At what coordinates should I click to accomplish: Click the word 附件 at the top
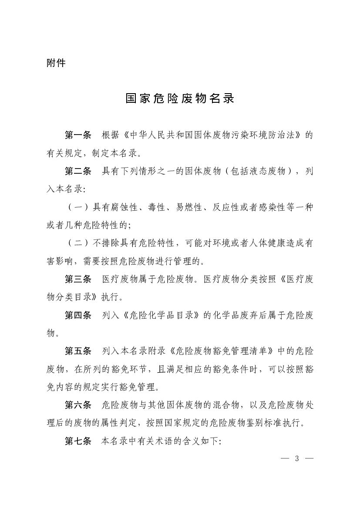[x=56, y=63]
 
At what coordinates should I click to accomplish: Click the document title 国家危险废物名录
[x=180, y=98]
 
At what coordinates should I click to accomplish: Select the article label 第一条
[x=78, y=135]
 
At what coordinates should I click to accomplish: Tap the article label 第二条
[x=78, y=171]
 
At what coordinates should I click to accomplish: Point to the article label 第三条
[x=78, y=279]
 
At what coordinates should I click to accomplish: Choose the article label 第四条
[x=78, y=315]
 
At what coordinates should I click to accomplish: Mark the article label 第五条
[x=78, y=351]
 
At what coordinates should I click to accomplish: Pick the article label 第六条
[x=78, y=405]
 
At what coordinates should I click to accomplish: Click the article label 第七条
[x=78, y=441]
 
